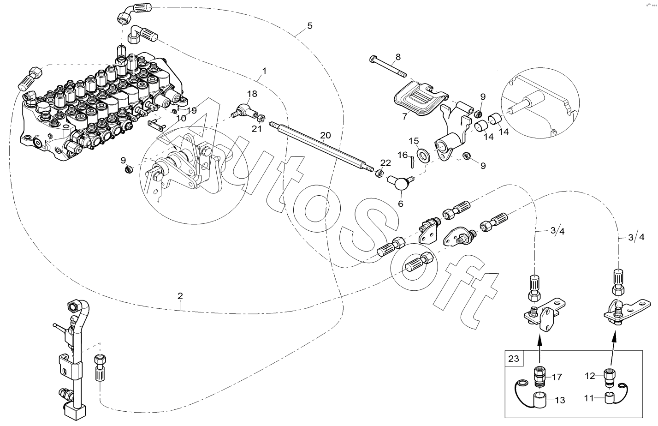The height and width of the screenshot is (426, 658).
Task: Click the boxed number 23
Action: pyautogui.click(x=513, y=358)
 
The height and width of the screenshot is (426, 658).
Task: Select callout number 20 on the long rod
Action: pyautogui.click(x=325, y=135)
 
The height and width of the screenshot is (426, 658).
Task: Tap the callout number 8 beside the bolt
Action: pyautogui.click(x=398, y=57)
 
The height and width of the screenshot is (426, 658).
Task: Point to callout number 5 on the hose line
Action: pyautogui.click(x=310, y=25)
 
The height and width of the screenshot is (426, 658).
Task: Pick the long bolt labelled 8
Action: pyautogui.click(x=387, y=66)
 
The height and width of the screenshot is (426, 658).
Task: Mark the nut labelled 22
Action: pyautogui.click(x=379, y=174)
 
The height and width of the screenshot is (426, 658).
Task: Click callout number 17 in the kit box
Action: pyautogui.click(x=557, y=377)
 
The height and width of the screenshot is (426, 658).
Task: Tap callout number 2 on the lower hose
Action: pyautogui.click(x=180, y=295)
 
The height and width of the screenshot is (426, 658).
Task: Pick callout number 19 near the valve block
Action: pyautogui.click(x=192, y=110)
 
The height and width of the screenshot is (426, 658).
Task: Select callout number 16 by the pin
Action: pyautogui.click(x=403, y=155)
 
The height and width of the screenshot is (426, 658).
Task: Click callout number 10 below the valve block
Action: pyautogui.click(x=181, y=118)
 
